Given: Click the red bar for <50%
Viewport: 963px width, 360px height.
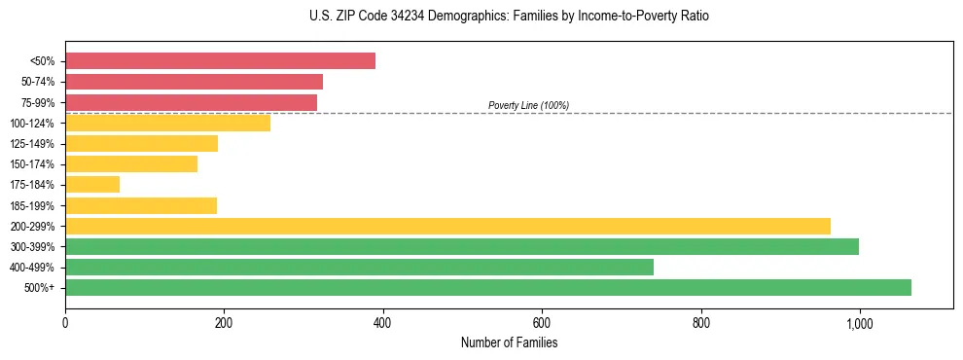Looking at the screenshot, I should click(x=220, y=61).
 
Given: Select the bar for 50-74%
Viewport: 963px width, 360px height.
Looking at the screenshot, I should click(x=194, y=82).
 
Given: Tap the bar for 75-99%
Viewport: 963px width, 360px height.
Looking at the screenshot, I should click(x=191, y=102).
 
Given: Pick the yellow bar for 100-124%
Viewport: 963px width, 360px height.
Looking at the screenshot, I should click(x=167, y=123).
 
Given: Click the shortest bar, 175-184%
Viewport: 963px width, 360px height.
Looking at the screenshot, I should click(x=92, y=184).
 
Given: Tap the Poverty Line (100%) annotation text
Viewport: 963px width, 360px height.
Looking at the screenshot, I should click(x=528, y=105).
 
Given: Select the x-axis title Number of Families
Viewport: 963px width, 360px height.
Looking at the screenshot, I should click(x=509, y=342).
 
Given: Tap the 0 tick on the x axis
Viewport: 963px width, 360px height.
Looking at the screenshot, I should click(x=65, y=323).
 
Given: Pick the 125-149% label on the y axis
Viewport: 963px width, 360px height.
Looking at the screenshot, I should click(x=32, y=144).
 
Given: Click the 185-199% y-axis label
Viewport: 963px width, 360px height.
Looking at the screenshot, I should click(x=32, y=205).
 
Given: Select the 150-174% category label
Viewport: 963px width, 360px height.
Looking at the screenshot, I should click(x=32, y=164).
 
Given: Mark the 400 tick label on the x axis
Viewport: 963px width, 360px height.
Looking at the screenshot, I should click(x=382, y=323).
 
